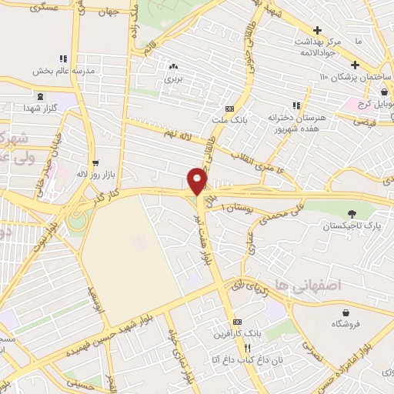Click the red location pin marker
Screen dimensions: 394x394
point(198,182)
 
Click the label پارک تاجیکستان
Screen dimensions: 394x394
point(351,226)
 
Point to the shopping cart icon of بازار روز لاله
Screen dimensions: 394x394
point(95,162)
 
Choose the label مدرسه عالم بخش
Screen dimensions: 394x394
point(63,71)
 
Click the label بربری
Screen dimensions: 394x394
point(174,78)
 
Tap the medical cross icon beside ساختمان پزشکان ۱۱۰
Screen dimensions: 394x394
point(354,65)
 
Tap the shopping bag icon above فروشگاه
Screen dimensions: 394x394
point(349,312)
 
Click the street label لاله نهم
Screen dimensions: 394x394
point(177,135)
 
